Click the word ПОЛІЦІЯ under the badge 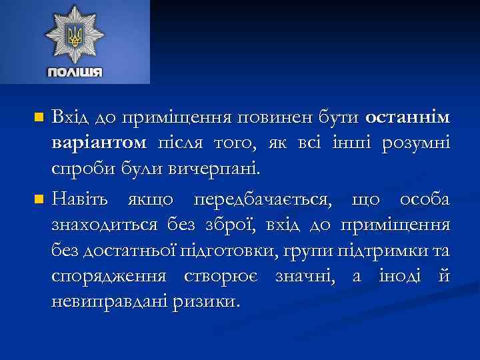(x=75, y=71)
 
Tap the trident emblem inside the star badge (x=75, y=35)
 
